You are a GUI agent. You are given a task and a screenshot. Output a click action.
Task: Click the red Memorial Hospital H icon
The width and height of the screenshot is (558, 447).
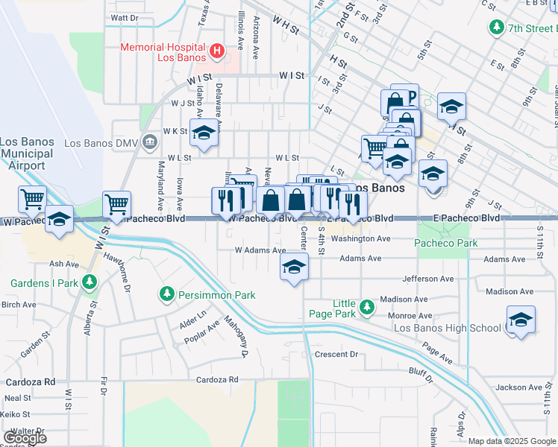point(216,51)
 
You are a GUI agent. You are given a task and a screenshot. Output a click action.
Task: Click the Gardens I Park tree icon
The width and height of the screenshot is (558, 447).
point(90,282)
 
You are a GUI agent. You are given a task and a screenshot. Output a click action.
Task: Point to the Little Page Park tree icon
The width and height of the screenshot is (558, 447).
point(366,307)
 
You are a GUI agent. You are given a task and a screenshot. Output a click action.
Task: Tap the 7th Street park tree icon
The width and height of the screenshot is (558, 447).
point(496,28)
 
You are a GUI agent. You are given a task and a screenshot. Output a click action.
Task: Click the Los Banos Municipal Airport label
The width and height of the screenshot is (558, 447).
point(26,153)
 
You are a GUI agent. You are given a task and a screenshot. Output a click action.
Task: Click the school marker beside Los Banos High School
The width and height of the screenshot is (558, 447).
point(520,320)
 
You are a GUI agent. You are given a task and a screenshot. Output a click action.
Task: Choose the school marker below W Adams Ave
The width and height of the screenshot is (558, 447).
point(295,267)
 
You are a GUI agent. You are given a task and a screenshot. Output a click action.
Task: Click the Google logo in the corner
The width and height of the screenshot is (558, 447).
point(25,438)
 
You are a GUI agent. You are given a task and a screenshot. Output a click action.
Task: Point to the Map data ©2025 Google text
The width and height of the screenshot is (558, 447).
point(512,441)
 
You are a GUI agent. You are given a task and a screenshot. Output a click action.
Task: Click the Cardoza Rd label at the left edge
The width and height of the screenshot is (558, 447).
point(30,381)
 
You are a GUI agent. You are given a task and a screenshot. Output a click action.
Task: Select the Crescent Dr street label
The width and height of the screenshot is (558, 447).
point(336,355)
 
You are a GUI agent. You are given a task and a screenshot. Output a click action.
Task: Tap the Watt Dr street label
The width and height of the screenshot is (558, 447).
point(124,17)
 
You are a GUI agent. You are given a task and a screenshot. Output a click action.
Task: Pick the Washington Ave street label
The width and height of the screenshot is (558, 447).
point(362,239)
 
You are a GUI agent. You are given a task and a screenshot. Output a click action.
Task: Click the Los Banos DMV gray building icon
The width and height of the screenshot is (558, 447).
point(150,142)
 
